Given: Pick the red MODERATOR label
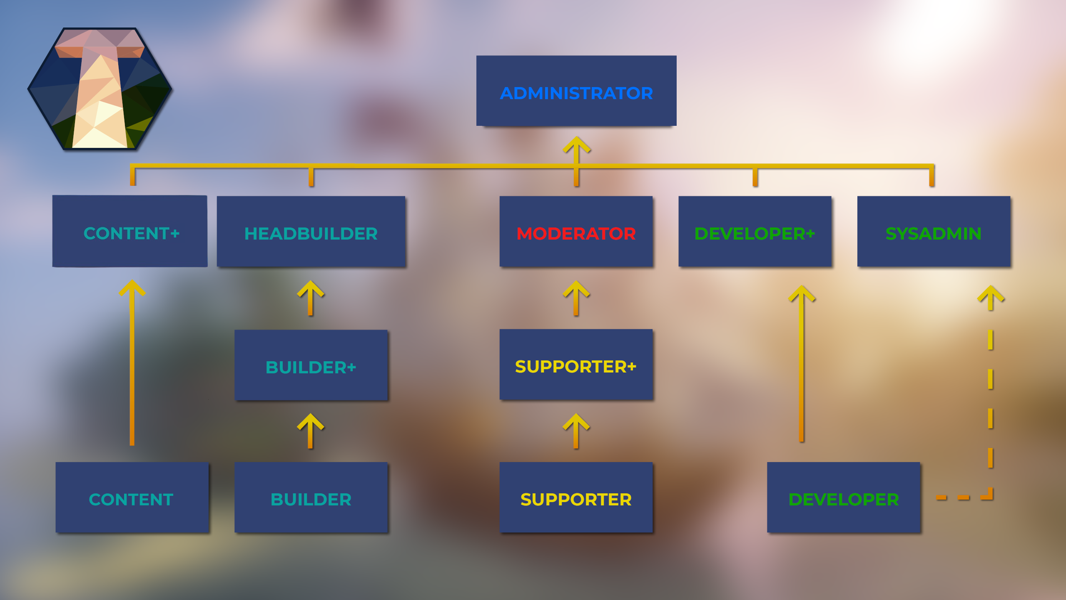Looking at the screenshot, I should [576, 234].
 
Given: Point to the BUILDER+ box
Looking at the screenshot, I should [311, 365].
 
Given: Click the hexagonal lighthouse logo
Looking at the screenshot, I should [100, 89].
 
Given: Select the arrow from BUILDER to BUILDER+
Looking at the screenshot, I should [310, 431].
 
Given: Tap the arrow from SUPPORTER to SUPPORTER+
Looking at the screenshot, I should [576, 431].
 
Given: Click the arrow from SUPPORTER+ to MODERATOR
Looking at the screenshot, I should [576, 298].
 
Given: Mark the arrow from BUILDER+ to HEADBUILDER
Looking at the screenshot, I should [310, 298].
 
